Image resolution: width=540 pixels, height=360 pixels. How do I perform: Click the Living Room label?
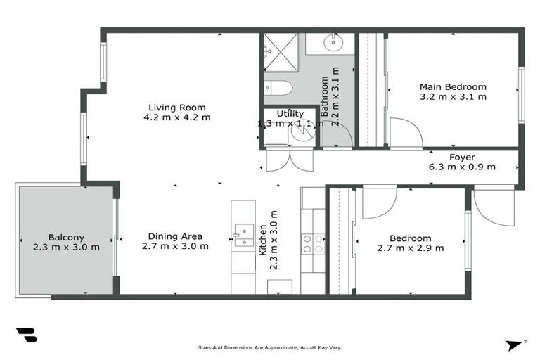(176, 108)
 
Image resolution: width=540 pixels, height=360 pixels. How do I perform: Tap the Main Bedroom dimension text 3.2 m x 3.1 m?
(453, 97)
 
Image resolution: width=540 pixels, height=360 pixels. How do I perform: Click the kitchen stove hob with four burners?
(313, 243)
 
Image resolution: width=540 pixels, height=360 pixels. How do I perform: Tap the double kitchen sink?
(243, 235)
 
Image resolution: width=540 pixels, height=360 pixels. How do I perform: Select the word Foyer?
(462, 157)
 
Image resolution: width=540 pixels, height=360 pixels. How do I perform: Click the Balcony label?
(66, 237)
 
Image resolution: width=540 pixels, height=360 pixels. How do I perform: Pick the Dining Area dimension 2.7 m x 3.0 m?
(175, 246)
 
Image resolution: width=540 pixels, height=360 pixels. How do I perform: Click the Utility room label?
(290, 114)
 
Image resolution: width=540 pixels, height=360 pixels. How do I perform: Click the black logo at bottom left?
(26, 335)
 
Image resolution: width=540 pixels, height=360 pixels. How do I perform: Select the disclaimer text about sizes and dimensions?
(269, 347)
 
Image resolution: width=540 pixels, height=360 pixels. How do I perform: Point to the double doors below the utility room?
(289, 160)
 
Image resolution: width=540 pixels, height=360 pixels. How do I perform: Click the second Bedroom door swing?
(378, 202)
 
